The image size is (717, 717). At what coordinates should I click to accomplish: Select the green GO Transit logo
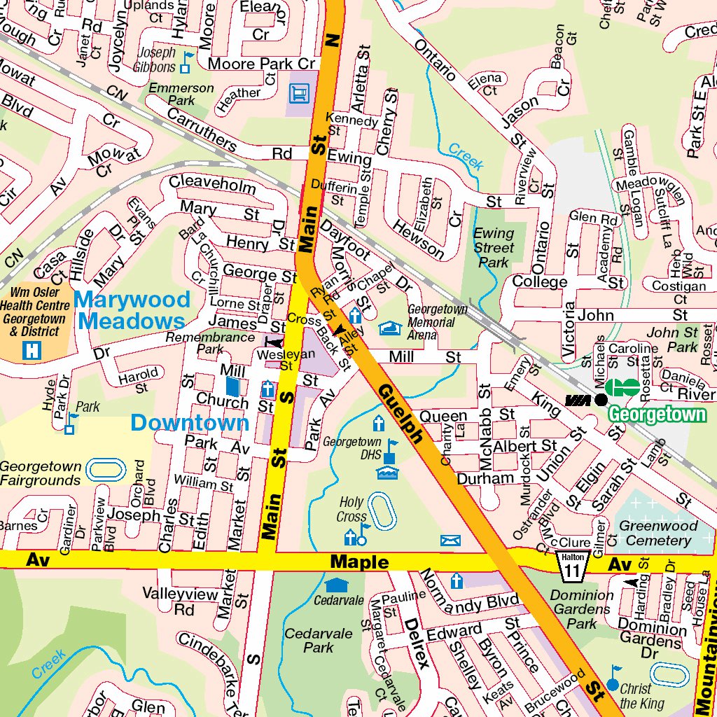pyautogui.click(x=622, y=387)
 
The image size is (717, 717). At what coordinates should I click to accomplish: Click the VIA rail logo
pyautogui.click(x=578, y=400)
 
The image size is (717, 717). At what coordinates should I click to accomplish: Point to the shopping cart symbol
pyautogui.click(x=298, y=92)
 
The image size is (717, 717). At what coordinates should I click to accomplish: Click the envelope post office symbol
pyautogui.click(x=450, y=540)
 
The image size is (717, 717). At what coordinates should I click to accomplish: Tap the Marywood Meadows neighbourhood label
pyautogui.click(x=132, y=310)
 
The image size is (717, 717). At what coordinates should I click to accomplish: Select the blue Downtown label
pyautogui.click(x=190, y=423)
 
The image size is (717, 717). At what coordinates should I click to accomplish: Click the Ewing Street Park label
pyautogui.click(x=494, y=248)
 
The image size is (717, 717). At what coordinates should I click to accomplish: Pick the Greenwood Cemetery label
pyautogui.click(x=658, y=533)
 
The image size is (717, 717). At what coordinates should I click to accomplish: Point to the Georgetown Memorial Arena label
pyautogui.click(x=438, y=321)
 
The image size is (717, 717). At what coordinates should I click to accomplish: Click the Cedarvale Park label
pyautogui.click(x=319, y=640)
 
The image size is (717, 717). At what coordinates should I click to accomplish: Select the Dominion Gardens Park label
pyautogui.click(x=582, y=608)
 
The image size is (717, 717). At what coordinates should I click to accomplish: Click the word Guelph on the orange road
pyautogui.click(x=401, y=413)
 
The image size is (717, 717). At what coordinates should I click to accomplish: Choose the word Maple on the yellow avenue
pyautogui.click(x=359, y=562)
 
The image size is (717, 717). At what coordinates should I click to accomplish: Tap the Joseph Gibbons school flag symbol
pyautogui.click(x=186, y=62)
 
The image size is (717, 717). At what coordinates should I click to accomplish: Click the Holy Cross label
pyautogui.click(x=351, y=510)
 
